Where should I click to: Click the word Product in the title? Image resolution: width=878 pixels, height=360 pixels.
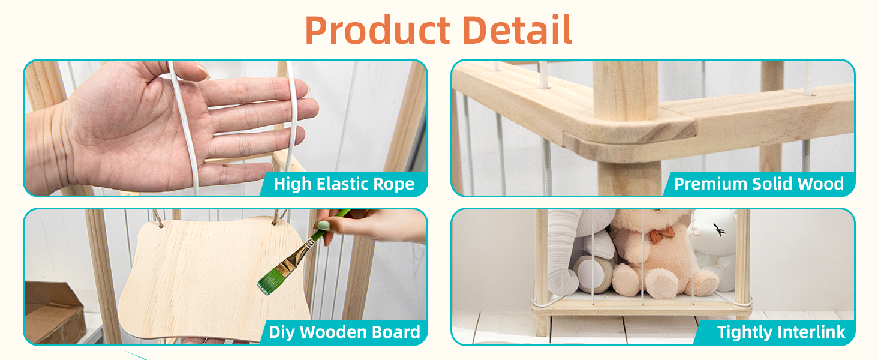[x=377, y=30]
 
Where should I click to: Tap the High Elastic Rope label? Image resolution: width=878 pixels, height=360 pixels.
[x=344, y=184]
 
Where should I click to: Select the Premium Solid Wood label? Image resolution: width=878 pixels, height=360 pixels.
[x=759, y=184]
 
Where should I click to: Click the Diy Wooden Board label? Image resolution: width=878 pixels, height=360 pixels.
[x=344, y=332]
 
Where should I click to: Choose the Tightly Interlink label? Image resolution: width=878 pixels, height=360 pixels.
[x=781, y=332]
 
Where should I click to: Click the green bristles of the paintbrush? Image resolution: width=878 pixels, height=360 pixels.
[x=271, y=281]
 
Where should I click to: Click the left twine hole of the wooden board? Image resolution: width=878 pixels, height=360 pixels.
[x=160, y=225]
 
